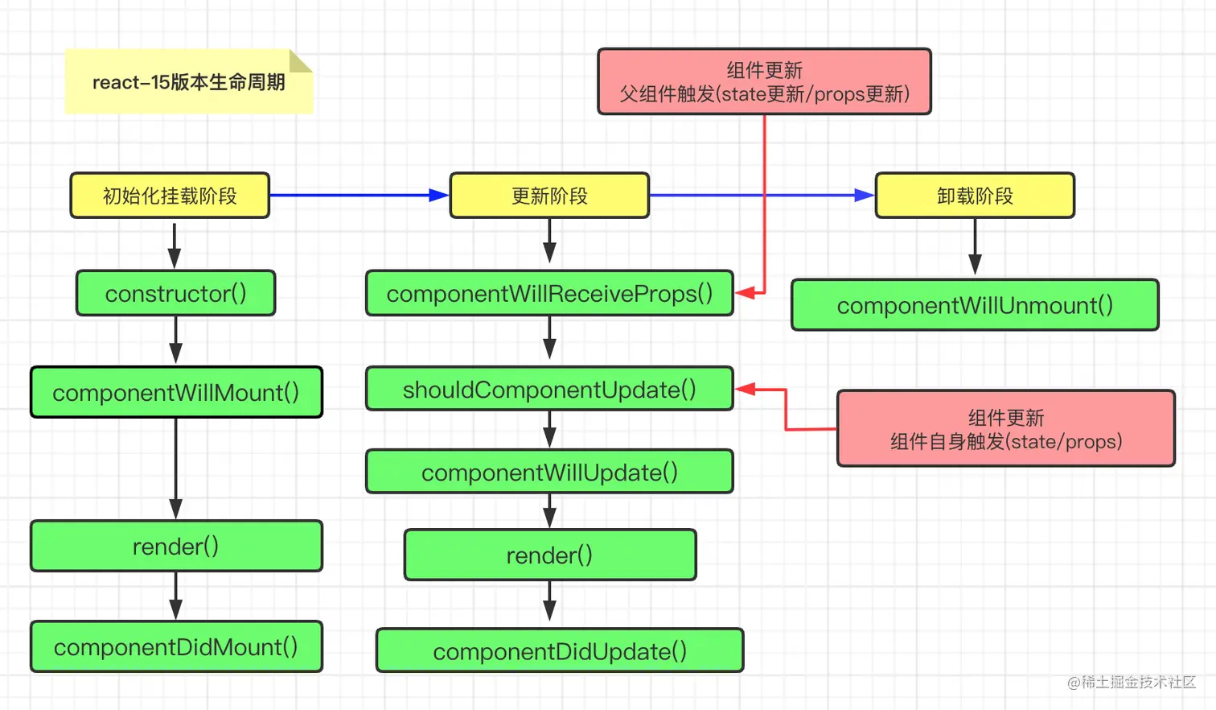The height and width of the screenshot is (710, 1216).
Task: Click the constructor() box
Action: coord(176,293)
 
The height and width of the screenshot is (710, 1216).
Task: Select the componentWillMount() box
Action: coord(176,392)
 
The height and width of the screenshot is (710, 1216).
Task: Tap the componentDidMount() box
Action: coord(176,646)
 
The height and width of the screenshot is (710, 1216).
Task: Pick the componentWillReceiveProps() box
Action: coord(549,293)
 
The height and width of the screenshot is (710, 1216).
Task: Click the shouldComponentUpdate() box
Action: coord(549,389)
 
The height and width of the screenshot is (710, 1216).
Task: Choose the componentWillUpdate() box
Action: coord(549,472)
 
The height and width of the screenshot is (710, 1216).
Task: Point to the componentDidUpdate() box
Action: coord(560,650)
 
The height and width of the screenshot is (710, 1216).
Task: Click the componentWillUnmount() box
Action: coord(975,305)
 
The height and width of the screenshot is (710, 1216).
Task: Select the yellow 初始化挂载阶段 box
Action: coord(170,196)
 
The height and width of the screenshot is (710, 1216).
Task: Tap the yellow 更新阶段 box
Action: coord(549,196)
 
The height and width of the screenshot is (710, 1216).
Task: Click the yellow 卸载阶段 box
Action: coord(975,196)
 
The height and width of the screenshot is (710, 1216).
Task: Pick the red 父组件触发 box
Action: coord(764,81)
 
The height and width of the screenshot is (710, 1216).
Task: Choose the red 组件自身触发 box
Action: coord(1006,428)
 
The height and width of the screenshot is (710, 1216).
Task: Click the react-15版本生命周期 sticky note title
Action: coord(189,82)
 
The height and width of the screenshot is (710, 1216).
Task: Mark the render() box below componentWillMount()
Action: coord(176,546)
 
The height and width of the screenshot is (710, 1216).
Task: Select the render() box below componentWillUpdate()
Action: coord(550,555)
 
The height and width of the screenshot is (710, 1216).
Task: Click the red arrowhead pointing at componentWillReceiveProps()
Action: coord(745,293)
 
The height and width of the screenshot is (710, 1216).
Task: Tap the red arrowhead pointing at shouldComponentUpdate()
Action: coord(745,389)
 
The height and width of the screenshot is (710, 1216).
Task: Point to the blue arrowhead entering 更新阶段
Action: coord(438,195)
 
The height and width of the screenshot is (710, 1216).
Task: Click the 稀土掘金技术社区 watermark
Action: coord(1132,683)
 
